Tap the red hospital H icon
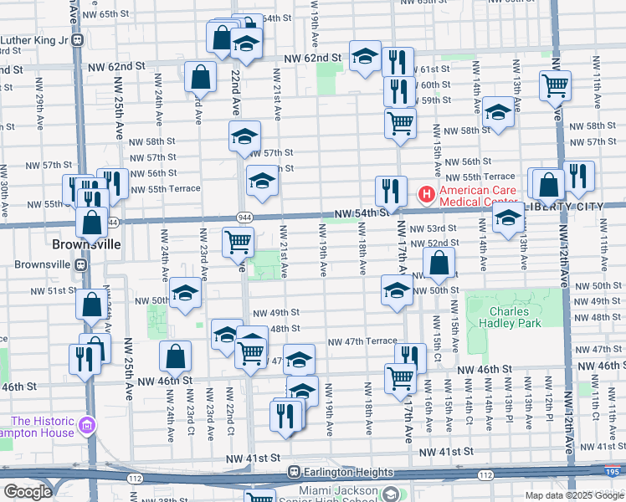coord(426,196)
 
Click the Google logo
coord(28,492)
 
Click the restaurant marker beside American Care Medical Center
coord(391,191)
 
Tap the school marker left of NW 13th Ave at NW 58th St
coord(497,112)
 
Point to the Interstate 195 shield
coord(615,471)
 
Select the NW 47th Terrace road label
coord(362,341)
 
